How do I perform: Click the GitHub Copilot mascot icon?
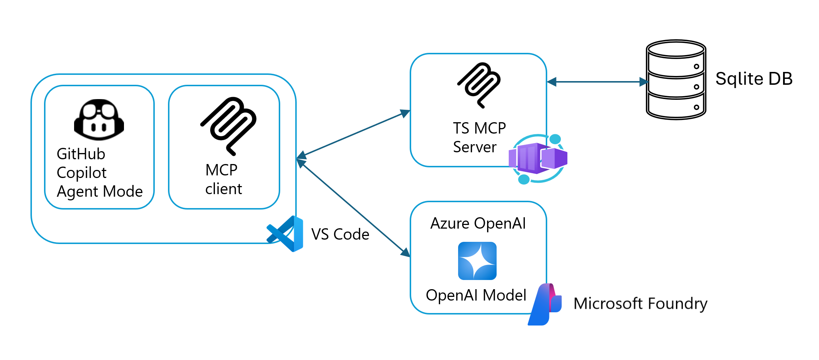(x=99, y=120)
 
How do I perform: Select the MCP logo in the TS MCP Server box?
(x=479, y=86)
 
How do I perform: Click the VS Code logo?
(x=285, y=234)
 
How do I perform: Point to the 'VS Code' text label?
(x=340, y=234)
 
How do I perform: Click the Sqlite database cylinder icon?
(x=676, y=80)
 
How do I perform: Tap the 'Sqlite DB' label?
(x=754, y=79)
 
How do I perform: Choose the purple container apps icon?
(x=538, y=159)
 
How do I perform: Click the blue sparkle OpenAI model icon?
(x=477, y=261)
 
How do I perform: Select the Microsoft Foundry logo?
(x=544, y=304)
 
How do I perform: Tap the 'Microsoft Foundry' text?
(x=640, y=304)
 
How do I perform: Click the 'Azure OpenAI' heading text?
(x=478, y=223)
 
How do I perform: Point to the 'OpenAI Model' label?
(x=476, y=295)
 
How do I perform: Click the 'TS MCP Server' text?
(x=479, y=137)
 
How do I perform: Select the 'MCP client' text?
(x=223, y=179)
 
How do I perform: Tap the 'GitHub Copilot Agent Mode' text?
(x=99, y=172)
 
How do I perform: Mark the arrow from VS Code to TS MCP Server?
(x=353, y=134)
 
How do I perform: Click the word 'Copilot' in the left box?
(x=81, y=173)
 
